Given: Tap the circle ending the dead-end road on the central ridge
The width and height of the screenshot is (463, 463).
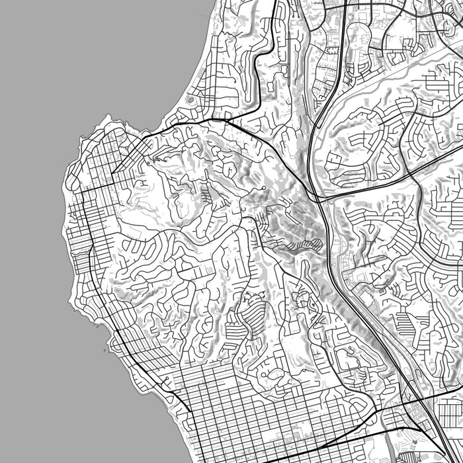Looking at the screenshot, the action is pos(264,189).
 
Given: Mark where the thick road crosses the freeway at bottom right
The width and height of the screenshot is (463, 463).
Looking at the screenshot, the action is pos(415,400).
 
